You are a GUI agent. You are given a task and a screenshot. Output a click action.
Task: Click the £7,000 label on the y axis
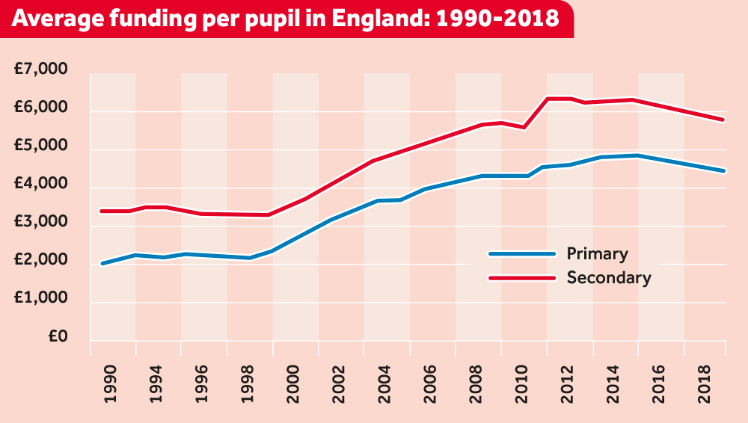[40, 70]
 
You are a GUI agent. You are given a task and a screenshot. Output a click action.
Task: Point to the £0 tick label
[58, 337]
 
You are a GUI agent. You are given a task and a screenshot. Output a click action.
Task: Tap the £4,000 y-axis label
[40, 185]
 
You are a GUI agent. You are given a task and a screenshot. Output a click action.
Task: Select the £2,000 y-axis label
[40, 261]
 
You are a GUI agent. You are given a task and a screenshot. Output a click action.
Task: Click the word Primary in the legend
[597, 253]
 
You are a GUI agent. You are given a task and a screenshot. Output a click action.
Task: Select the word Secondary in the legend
[609, 278]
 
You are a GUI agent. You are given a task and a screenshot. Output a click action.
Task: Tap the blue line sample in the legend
[522, 254]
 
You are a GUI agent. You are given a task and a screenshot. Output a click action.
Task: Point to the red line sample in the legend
[522, 278]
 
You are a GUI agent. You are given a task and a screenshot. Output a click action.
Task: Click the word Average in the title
[58, 19]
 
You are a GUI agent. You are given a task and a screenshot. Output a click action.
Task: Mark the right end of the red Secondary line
[724, 120]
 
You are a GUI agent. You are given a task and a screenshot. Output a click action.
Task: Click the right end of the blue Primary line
[724, 171]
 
